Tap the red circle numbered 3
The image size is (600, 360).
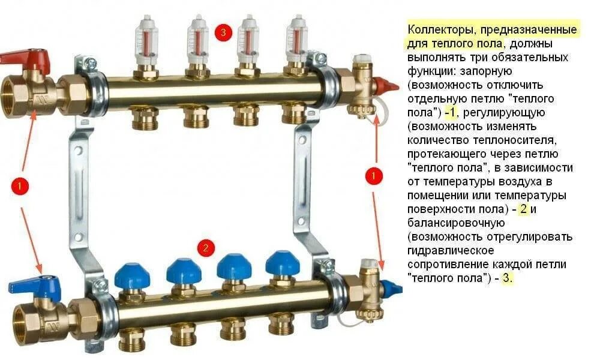point(223,32)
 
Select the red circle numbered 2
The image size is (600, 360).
point(206,248)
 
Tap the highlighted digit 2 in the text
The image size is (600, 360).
point(523,209)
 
